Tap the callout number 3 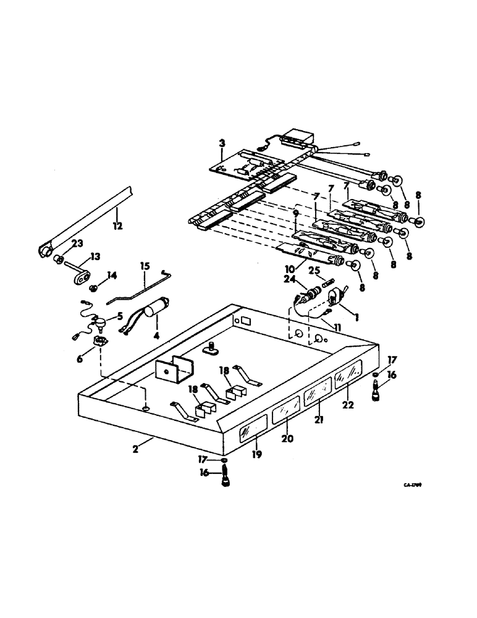point(221,143)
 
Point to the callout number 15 point(144,266)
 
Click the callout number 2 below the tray point(135,450)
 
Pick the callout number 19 point(257,455)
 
